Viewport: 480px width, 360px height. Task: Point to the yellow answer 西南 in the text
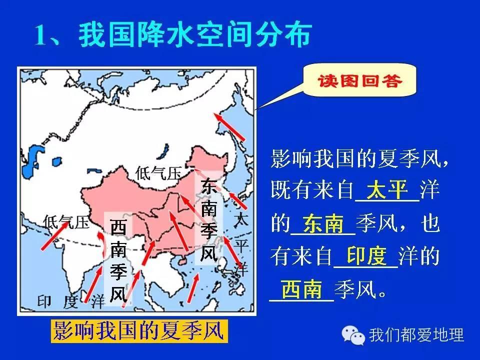[302, 289]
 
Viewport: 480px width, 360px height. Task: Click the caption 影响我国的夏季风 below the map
[138, 331]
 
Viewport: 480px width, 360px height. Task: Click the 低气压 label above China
[158, 173]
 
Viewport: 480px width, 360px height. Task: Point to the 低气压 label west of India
[66, 222]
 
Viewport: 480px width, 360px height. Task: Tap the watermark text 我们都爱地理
[416, 335]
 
